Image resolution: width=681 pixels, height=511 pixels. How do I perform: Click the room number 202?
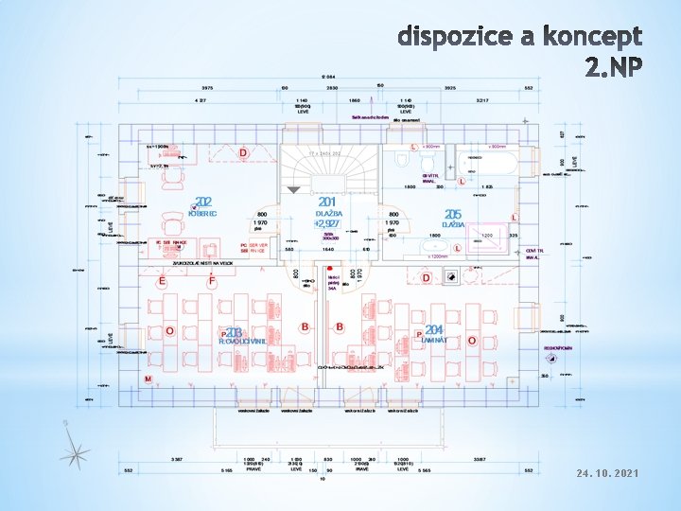pos(203,203)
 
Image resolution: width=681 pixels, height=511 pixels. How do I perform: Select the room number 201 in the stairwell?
pos(327,203)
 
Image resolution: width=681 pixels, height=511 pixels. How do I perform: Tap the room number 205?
pos(453,215)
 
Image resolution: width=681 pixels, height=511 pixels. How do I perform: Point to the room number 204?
pos(434,330)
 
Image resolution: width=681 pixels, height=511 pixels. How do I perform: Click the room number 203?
pos(235,332)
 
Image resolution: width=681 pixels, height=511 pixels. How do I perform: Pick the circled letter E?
pos(163,282)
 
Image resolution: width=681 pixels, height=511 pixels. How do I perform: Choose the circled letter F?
pos(212,282)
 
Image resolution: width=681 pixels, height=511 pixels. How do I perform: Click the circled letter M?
pos(148,379)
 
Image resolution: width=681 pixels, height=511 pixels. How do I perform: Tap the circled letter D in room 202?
pos(243,153)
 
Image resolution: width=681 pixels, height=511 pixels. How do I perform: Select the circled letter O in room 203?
pos(169,331)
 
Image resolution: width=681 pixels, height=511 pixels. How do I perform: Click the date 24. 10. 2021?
pos(607,471)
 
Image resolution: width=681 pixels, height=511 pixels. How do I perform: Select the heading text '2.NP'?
pos(614,68)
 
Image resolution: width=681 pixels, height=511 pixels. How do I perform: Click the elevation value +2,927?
pos(326,224)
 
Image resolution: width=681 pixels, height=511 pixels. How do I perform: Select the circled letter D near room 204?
pos(427,277)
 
